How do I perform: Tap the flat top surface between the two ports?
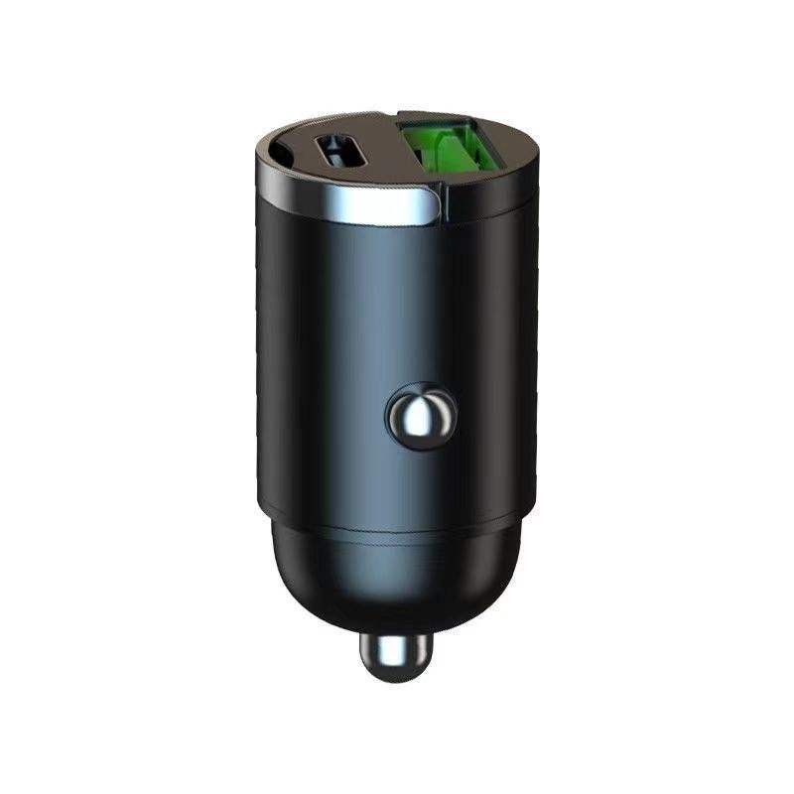coord(387,164)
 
